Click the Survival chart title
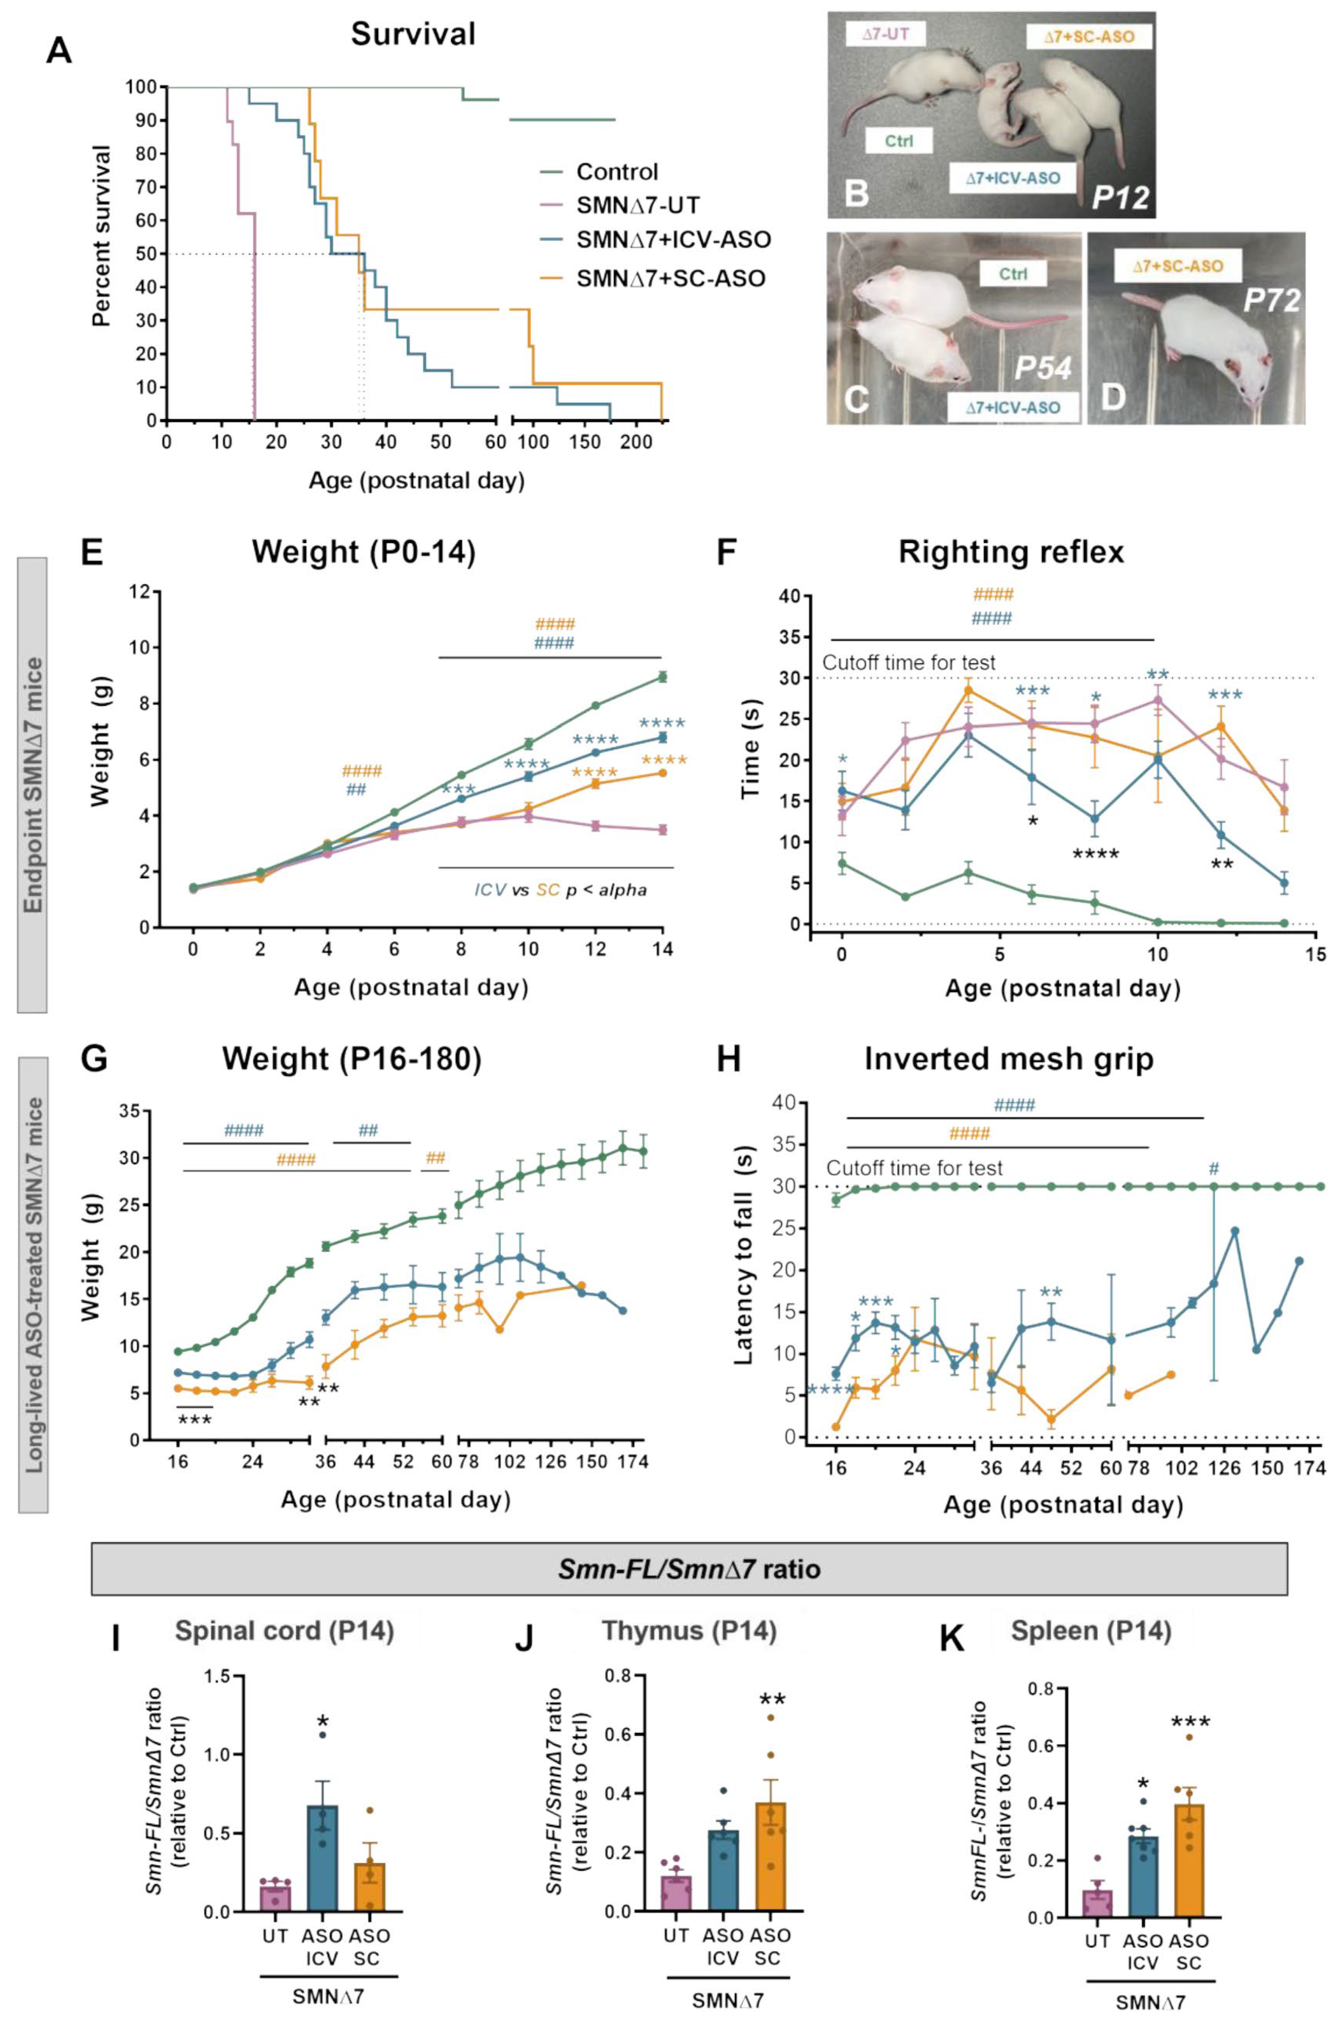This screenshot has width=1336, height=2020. pyautogui.click(x=413, y=34)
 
